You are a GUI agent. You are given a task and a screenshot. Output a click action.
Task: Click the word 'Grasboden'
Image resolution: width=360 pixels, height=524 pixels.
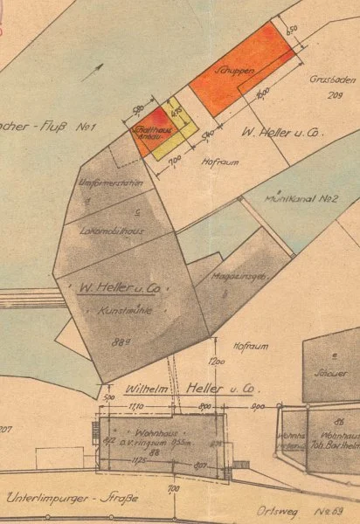coord(330,78)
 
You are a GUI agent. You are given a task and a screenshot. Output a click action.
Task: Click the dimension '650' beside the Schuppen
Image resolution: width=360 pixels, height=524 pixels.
coord(292,30)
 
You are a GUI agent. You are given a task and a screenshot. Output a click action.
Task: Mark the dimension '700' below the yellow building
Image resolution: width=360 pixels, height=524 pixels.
coord(174,163)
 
